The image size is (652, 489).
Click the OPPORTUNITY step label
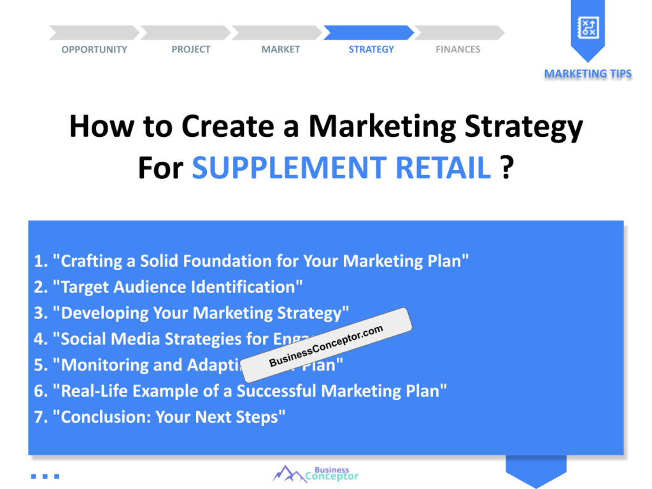[94, 50]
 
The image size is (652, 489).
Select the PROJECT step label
[190, 50]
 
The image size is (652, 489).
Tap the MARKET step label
[280, 50]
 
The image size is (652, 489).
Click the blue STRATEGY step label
[371, 50]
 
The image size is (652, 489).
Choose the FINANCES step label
[458, 50]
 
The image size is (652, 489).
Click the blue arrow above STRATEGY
[369, 32]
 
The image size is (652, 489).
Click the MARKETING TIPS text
[588, 74]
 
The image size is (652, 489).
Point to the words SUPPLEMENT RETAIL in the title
[341, 167]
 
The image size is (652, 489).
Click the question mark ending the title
[507, 167]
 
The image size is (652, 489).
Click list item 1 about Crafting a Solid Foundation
[252, 261]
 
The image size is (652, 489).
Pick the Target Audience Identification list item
[169, 287]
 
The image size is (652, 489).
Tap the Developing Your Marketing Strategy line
[192, 313]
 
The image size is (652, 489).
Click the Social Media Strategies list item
[159, 339]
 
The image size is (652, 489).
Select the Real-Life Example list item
[241, 391]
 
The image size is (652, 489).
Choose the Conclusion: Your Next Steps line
[160, 417]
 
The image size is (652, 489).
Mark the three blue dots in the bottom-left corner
[45, 476]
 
